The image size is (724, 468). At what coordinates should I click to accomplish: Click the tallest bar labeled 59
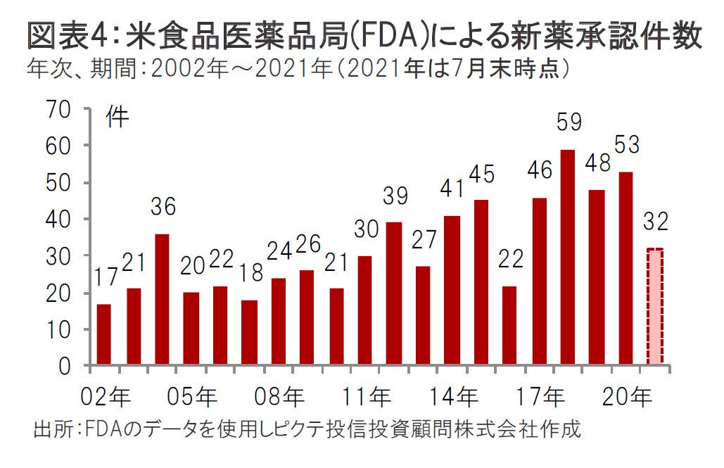[568, 258]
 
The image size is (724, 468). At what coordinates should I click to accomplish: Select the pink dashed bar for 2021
[655, 307]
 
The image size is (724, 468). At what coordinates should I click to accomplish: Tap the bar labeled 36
[162, 300]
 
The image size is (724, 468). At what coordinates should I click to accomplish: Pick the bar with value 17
[104, 335]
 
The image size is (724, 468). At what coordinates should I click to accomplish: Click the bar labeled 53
[625, 269]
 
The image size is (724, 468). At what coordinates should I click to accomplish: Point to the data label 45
[482, 173]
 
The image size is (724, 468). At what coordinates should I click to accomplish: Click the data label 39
[394, 196]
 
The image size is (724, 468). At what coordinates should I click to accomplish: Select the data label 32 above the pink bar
[655, 222]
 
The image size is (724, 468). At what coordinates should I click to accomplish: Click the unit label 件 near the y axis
[118, 118]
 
